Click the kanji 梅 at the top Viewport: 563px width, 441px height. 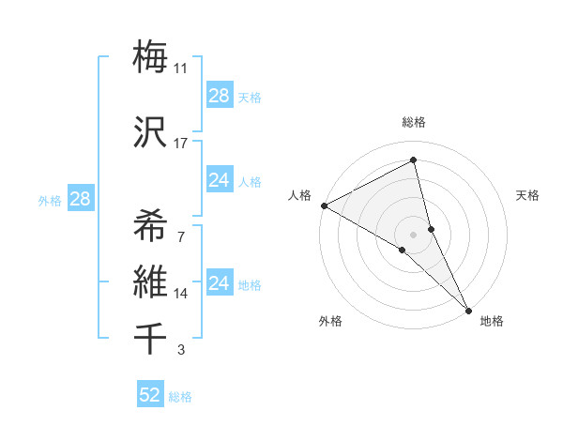coord(150,56)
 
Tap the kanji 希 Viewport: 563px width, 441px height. coord(150,226)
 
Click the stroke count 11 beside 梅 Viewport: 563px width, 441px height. coord(181,68)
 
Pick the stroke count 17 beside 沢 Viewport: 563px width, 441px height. coord(181,144)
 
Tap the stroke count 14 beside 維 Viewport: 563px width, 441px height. coord(181,294)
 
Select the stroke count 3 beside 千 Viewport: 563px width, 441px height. coord(181,351)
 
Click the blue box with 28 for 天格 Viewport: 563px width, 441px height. coord(219,95)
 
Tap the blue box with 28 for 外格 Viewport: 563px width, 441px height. coord(79,199)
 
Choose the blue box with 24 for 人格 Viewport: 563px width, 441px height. coord(219,180)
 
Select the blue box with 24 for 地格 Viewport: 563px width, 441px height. coord(219,283)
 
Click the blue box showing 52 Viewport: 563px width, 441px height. coord(150,395)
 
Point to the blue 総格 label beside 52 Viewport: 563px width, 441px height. coord(180,397)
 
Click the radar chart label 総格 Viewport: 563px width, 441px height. coord(414,122)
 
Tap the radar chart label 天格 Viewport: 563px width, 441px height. coord(528,195)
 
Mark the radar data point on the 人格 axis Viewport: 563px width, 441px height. coord(324,205)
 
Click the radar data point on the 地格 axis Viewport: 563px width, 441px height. coord(468,309)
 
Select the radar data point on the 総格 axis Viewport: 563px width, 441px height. coord(414,161)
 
